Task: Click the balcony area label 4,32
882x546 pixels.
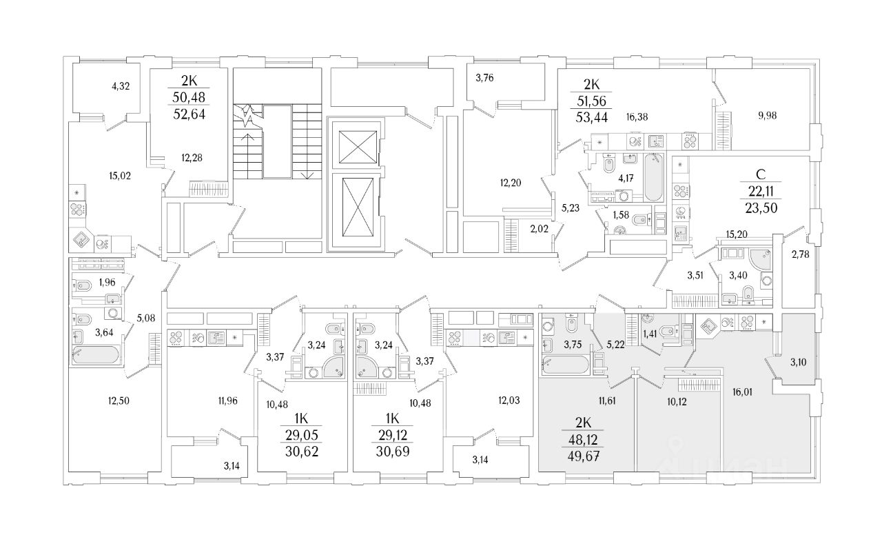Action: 121,86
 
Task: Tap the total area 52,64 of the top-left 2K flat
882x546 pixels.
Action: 189,114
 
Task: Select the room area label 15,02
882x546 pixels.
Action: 120,176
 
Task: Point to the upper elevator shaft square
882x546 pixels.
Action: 358,148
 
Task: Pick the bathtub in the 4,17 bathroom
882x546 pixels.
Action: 654,177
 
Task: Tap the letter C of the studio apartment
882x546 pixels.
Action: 761,174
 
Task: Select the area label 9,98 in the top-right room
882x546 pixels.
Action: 767,116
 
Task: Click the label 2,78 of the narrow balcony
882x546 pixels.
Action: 801,254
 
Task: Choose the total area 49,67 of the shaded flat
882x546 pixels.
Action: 583,456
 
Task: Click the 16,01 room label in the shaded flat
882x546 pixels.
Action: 742,392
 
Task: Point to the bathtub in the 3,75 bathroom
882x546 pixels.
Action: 566,365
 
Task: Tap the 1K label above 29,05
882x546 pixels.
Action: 301,418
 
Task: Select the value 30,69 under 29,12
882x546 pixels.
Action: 393,452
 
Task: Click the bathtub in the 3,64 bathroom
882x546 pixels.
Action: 96,354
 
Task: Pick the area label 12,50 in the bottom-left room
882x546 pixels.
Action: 119,401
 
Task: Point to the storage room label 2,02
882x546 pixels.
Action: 539,229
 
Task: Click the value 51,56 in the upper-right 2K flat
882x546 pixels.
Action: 591,101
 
